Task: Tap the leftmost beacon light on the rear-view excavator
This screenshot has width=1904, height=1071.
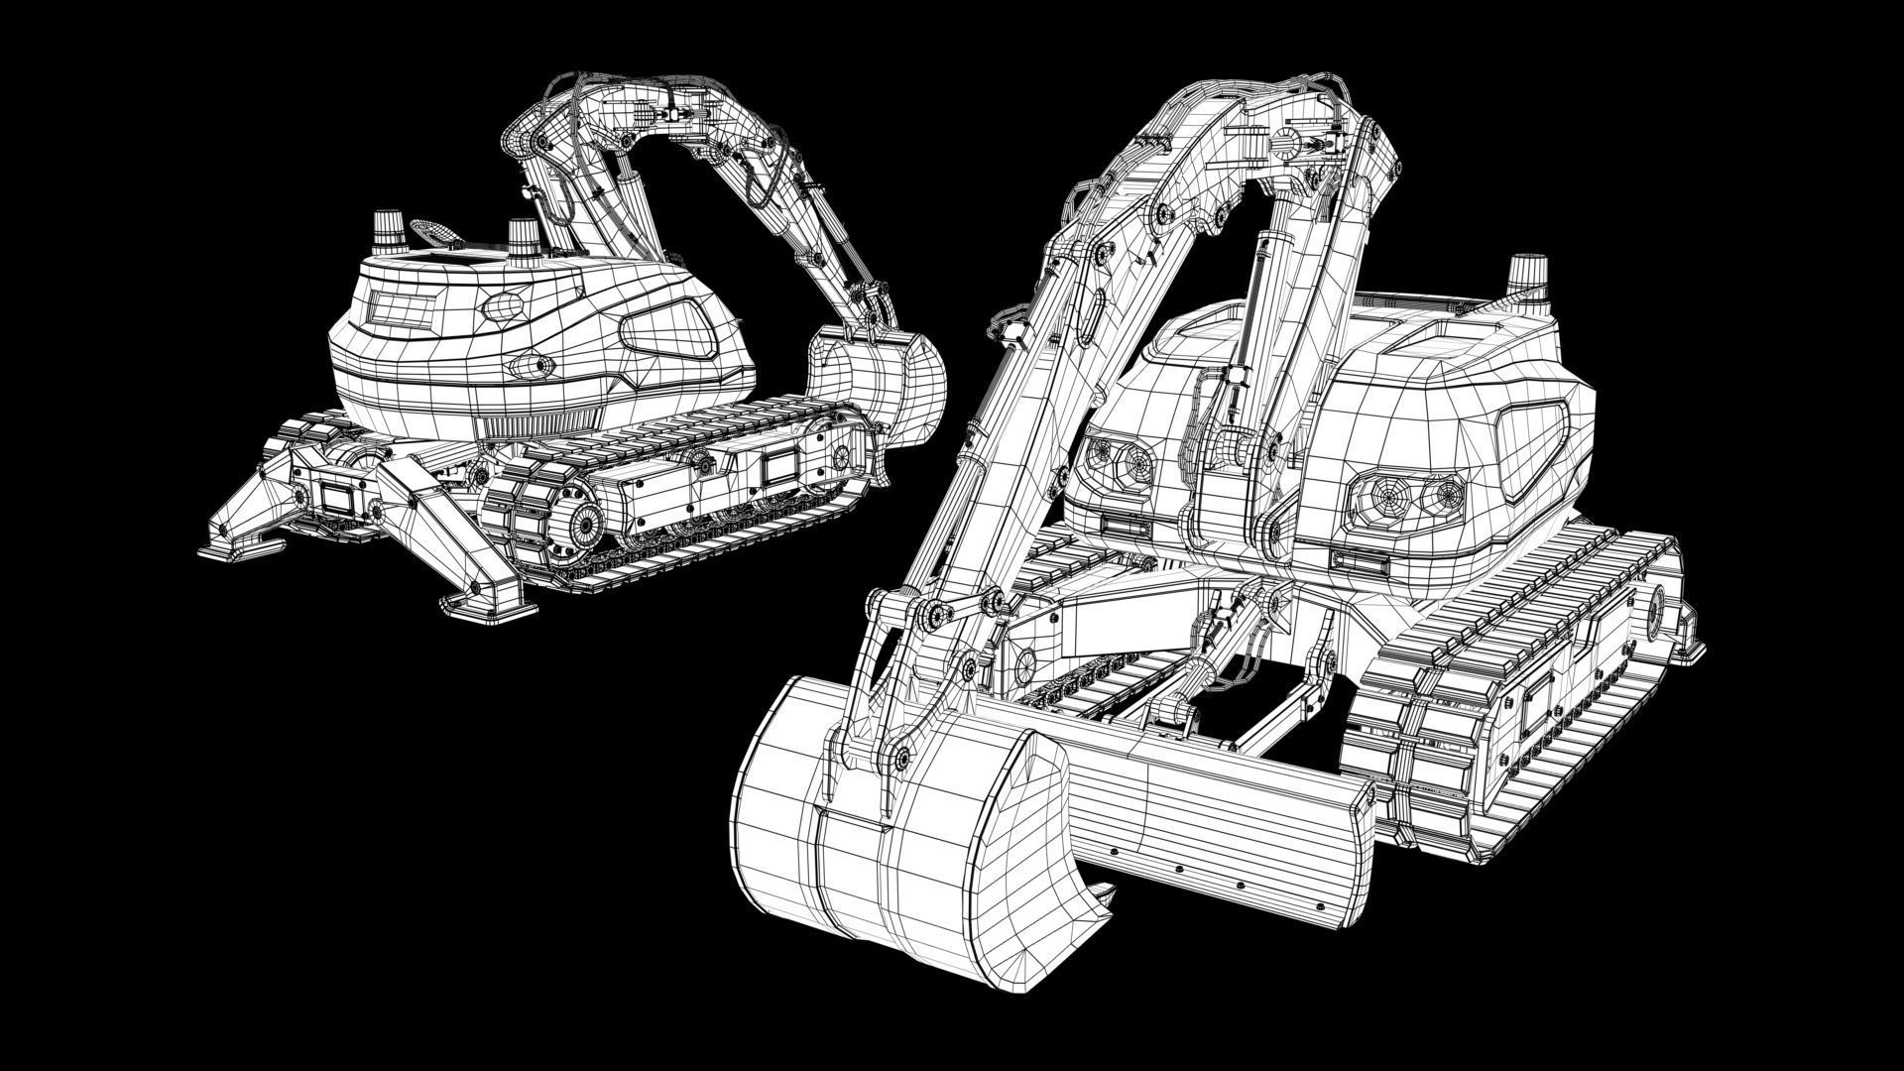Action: point(386,232)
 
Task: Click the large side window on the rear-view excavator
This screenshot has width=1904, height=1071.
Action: point(669,329)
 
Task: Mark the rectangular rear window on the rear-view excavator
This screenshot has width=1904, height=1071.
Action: point(403,309)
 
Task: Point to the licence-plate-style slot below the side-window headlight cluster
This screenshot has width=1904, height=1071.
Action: point(1360,562)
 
